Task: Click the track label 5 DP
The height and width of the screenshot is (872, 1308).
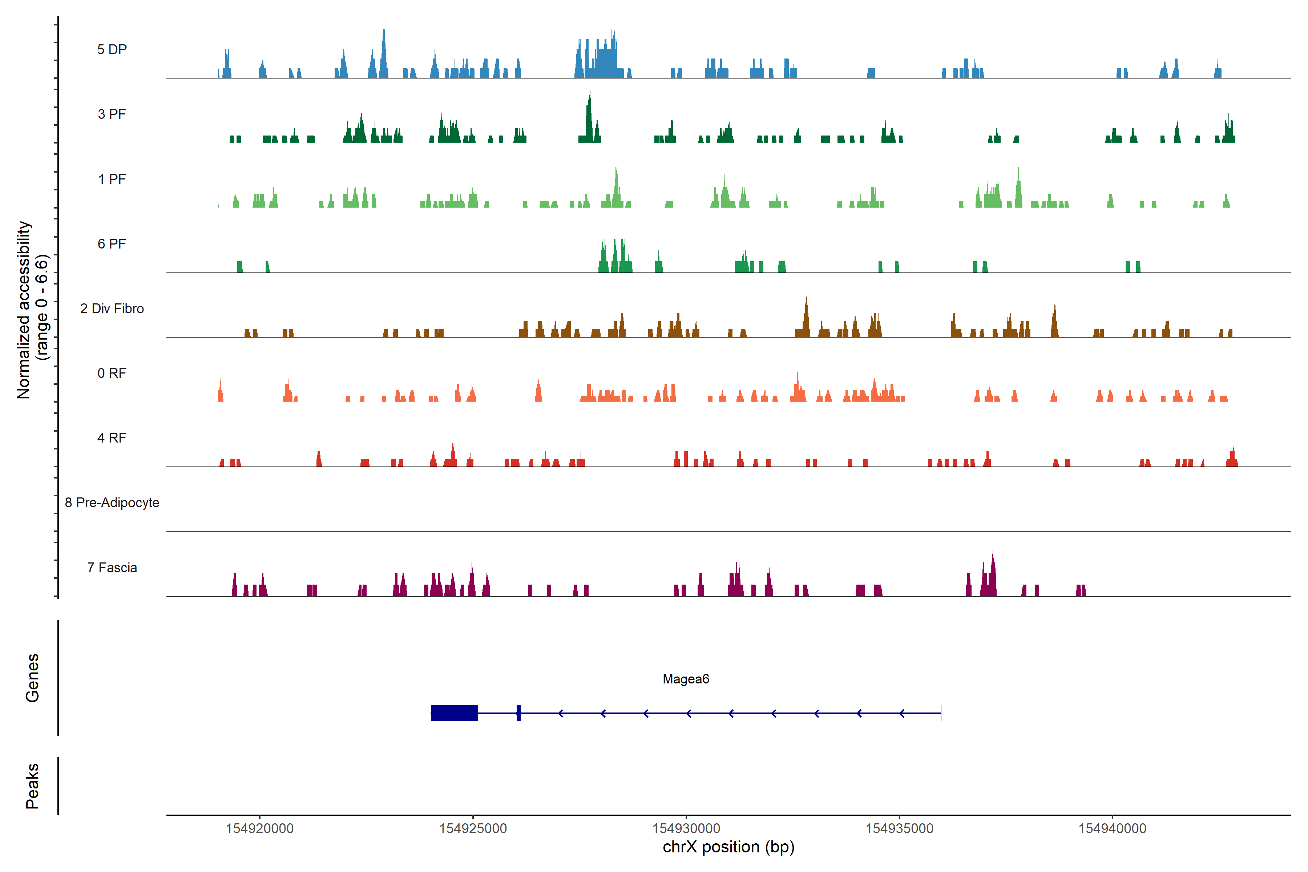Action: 112,49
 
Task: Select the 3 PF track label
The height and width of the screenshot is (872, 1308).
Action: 112,114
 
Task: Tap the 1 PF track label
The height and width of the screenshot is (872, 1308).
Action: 112,179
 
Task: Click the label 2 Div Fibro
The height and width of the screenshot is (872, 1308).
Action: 112,308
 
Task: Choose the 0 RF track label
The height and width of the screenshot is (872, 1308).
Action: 112,373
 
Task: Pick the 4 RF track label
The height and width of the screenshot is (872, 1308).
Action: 112,438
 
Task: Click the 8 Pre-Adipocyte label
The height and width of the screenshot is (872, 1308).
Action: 112,503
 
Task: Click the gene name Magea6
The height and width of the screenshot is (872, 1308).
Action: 686,679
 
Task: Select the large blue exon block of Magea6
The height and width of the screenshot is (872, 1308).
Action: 455,713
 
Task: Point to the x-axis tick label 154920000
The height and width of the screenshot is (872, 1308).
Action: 260,829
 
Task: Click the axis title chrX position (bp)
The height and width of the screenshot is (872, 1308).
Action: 728,847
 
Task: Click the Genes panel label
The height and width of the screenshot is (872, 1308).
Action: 32,678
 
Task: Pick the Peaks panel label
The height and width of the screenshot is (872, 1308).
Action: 32,786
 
